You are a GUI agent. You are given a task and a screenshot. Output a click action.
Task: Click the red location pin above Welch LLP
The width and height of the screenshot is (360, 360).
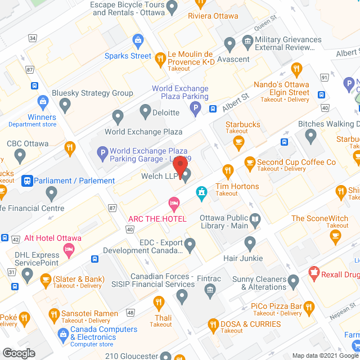pos(179,166)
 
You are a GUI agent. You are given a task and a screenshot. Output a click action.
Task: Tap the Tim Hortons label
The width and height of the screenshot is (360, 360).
pos(237,187)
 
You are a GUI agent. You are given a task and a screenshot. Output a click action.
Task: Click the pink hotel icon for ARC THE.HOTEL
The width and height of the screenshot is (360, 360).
pos(174,202)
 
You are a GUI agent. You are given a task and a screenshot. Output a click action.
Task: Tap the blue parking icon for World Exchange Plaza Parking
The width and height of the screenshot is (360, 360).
pos(195,108)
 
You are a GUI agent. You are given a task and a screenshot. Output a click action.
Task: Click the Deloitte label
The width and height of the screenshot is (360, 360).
pos(166,112)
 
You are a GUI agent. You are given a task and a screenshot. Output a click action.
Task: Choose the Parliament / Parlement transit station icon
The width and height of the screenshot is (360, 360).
pos(26,181)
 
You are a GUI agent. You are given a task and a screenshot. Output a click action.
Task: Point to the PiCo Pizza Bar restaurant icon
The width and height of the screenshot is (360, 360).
pos(308,307)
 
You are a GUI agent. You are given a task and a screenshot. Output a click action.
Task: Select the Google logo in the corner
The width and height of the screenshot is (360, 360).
pos(18,353)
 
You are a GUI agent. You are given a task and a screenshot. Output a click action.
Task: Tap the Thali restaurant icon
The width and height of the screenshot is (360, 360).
pos(160,304)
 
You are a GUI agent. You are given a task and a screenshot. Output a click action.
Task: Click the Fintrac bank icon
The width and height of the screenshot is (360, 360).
pos(210,290)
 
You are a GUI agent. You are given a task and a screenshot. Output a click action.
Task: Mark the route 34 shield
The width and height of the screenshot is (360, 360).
pos(33,38)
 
